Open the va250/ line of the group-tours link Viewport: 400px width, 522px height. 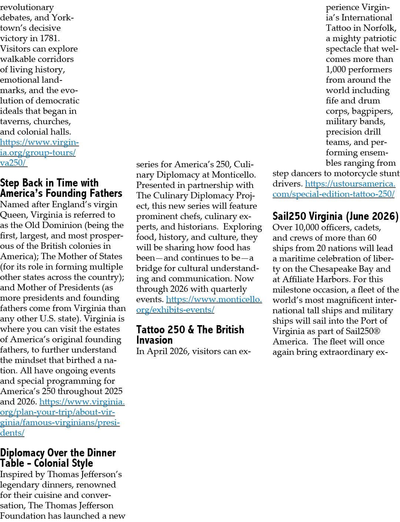tap(13, 163)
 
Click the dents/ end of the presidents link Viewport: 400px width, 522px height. tap(12, 433)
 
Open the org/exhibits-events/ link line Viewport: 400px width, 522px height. tap(175, 310)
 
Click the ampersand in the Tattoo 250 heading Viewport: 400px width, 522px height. tap(191, 330)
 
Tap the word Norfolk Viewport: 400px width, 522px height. tap(380, 28)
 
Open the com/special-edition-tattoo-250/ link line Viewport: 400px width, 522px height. tap(333, 194)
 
